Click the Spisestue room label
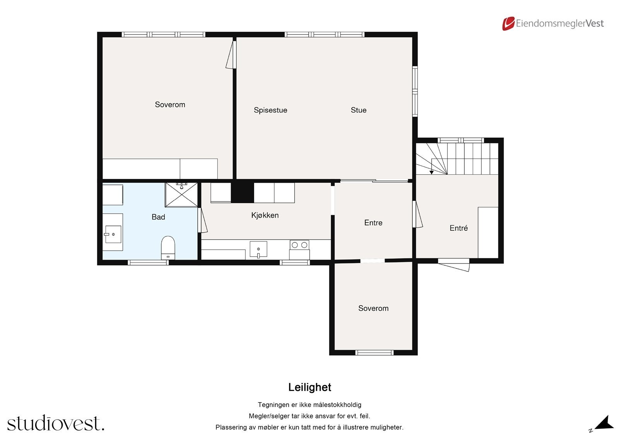coord(270,110)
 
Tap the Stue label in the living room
coord(358,110)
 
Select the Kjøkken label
coord(265,215)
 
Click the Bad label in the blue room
coord(158,217)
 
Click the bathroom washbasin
coord(113,234)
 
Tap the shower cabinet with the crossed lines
coord(181,195)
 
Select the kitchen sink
coord(258,249)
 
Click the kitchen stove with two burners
coord(299,250)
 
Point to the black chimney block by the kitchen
coord(242,192)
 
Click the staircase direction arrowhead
coord(431,172)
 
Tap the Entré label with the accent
coord(458,228)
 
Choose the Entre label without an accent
coord(373,223)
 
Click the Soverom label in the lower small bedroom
coord(373,308)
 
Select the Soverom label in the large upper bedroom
coord(170,105)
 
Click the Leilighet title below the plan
coord(309,387)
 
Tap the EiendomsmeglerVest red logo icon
coord(508,24)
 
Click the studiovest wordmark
coord(56,423)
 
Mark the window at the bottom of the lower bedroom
coord(374,352)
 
